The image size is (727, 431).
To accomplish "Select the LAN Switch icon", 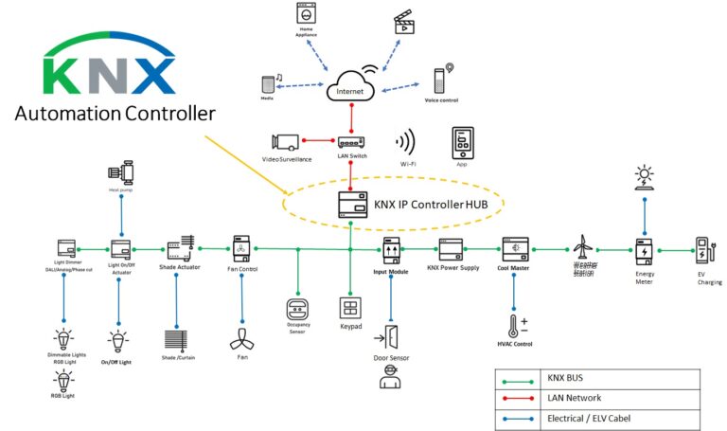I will pyautogui.click(x=351, y=140).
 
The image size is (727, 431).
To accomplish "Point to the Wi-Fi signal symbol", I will pyautogui.click(x=405, y=143).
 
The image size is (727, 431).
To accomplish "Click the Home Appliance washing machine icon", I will pyautogui.click(x=306, y=15).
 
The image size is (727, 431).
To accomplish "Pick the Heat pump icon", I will pyautogui.click(x=121, y=175).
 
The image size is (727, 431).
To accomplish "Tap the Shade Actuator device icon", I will pyautogui.click(x=181, y=249).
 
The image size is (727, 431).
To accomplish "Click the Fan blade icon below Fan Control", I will pyautogui.click(x=240, y=336).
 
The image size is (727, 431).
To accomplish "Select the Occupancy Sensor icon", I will pyautogui.click(x=298, y=309).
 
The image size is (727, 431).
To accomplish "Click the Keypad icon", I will pyautogui.click(x=350, y=309).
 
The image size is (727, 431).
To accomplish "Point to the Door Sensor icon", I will pyautogui.click(x=391, y=336).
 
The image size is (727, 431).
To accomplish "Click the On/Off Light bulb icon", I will pyautogui.click(x=119, y=341).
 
